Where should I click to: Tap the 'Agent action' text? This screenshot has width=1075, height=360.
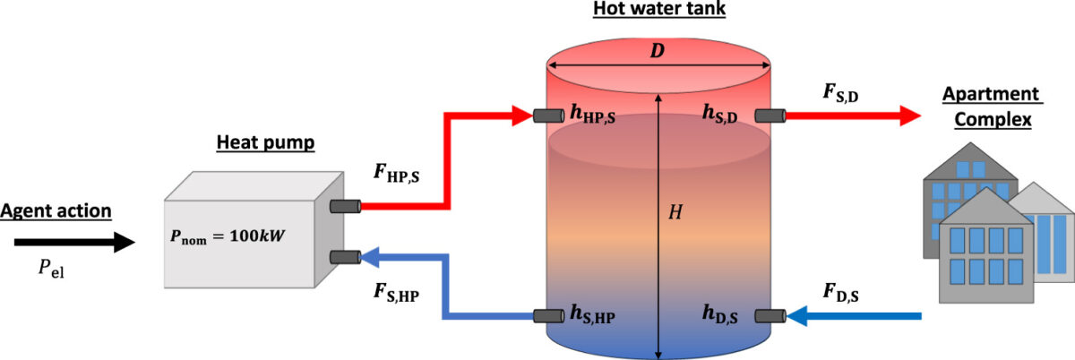pos(56,211)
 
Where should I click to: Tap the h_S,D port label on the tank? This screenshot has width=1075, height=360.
pos(720,115)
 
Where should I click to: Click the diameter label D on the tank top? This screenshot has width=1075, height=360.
pos(658,52)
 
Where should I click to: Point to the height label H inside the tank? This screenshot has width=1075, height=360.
pos(678,212)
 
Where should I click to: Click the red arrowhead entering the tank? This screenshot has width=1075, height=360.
pos(523,115)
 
